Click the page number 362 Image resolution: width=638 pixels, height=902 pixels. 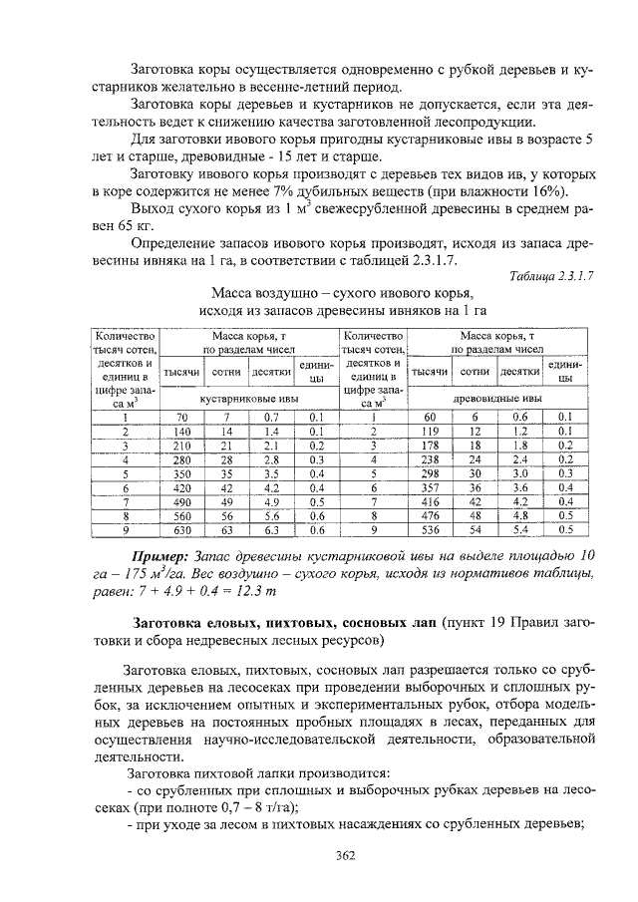[346, 854]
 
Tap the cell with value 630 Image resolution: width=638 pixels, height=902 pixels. [181, 530]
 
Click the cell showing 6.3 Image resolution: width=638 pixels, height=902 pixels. [271, 530]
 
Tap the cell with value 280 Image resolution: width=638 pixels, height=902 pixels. [181, 459]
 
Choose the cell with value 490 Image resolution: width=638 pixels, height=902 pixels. [181, 502]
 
